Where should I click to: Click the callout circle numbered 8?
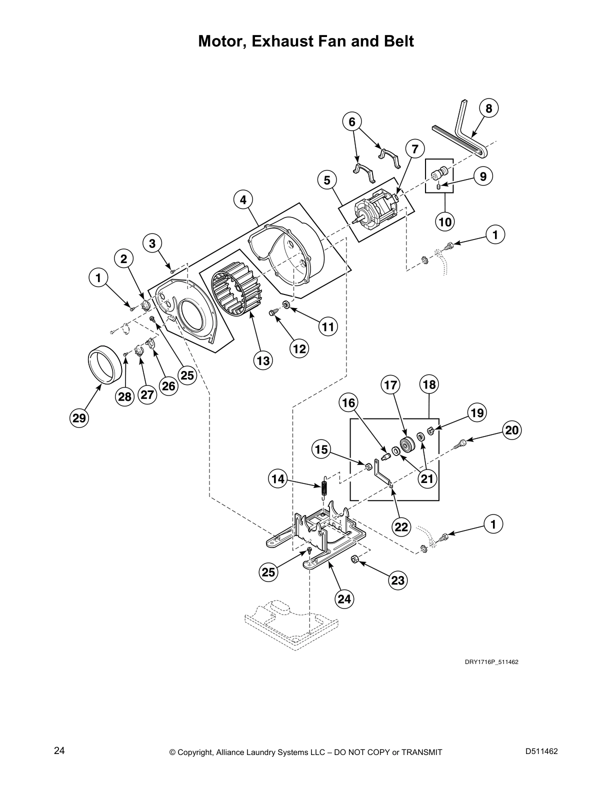488,109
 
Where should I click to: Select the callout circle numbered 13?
262,360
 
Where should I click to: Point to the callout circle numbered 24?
344,598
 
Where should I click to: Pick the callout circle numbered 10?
444,221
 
